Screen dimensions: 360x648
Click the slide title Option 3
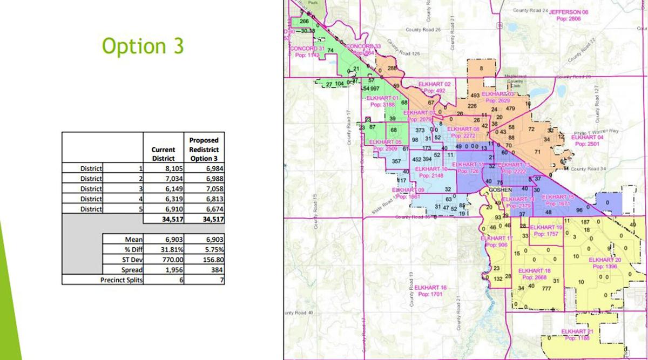[143, 46]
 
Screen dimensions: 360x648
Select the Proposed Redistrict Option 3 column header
[204, 149]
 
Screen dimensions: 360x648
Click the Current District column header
[164, 154]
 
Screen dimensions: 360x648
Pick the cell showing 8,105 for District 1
[164, 168]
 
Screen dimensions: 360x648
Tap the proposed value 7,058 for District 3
[204, 188]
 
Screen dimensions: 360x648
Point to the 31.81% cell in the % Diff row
[164, 249]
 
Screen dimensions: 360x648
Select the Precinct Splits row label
[121, 280]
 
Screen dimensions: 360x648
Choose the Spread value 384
[204, 269]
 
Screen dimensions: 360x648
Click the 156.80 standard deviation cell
[204, 260]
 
